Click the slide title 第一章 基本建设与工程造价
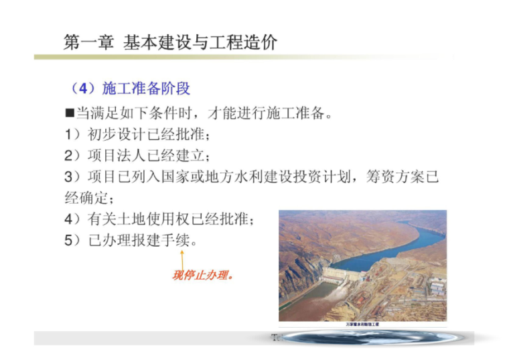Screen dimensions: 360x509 [x=170, y=42]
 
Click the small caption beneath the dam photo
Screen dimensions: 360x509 [x=362, y=324]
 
